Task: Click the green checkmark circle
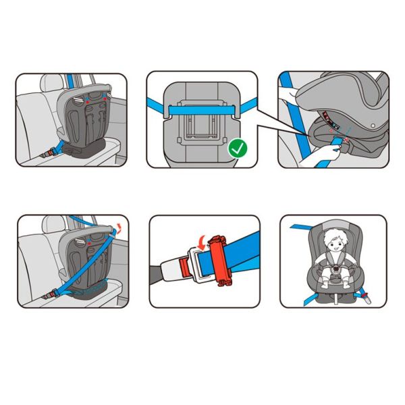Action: click(x=237, y=148)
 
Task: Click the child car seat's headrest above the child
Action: click(x=333, y=225)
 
